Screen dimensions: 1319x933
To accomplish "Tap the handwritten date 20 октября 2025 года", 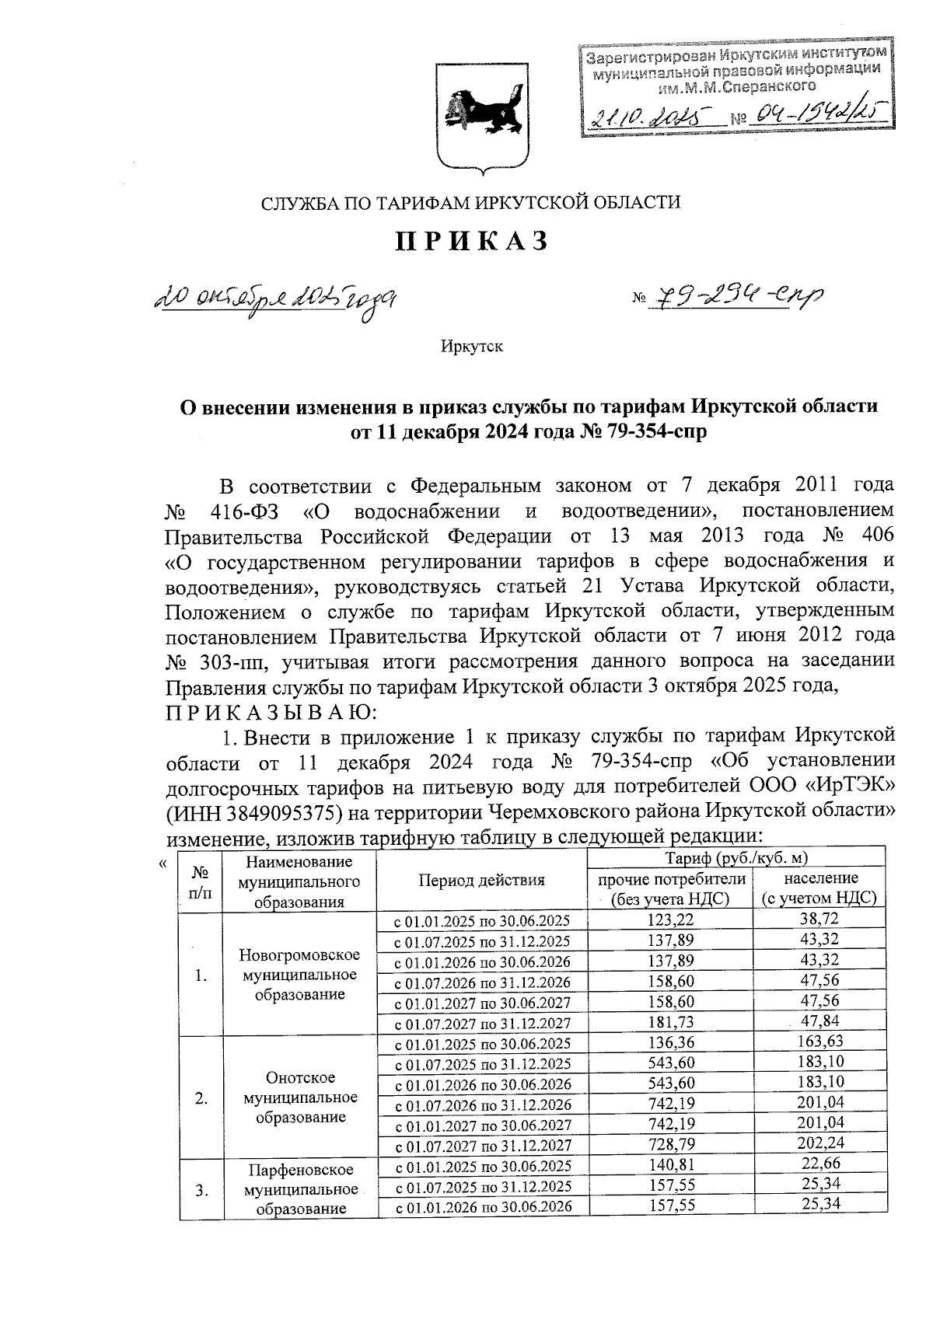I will click(x=277, y=297).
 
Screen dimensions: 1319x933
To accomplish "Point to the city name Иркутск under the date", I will click(x=471, y=347).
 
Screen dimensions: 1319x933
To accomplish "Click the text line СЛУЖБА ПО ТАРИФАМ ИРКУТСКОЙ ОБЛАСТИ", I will click(x=470, y=203).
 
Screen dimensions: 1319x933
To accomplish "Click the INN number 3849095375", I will click(x=274, y=812).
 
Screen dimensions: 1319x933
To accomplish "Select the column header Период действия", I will click(x=481, y=880).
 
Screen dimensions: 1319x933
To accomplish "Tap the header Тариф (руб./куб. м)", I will click(x=736, y=858).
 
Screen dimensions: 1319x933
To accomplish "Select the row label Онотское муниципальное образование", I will click(x=301, y=1097).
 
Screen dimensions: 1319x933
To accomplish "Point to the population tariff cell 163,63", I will click(x=819, y=1042).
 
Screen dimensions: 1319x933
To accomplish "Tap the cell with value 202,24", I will click(x=819, y=1144).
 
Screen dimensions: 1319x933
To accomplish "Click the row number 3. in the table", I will click(x=201, y=1190).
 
